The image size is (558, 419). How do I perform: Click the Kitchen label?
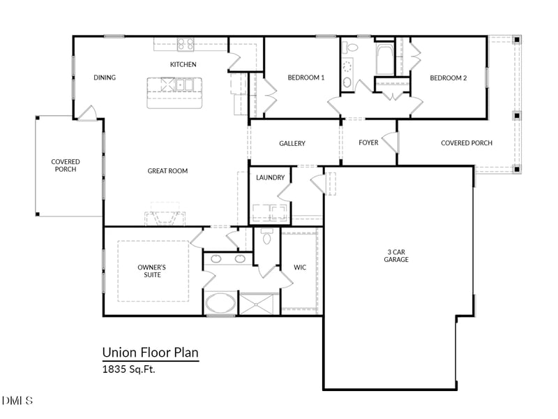click(x=183, y=65)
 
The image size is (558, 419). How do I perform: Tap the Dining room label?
click(x=105, y=78)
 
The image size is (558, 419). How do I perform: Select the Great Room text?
click(x=167, y=171)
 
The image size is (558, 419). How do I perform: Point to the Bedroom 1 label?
click(x=306, y=78)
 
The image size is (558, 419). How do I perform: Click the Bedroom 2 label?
click(x=448, y=78)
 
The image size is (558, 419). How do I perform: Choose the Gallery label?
click(x=292, y=143)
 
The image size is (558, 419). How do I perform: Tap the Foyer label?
click(x=368, y=143)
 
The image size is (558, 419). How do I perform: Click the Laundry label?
click(x=271, y=178)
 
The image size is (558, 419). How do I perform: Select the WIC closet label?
click(x=300, y=267)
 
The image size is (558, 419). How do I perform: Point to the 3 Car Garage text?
click(x=396, y=256)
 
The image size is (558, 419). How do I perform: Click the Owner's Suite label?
click(x=151, y=271)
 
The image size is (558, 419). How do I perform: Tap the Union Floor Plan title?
click(x=150, y=353)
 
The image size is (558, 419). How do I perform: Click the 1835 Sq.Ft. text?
click(x=128, y=369)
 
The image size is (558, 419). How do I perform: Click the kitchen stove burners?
click(x=185, y=44)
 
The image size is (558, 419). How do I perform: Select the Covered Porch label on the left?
click(x=66, y=166)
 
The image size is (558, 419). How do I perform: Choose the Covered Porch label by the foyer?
click(x=466, y=143)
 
